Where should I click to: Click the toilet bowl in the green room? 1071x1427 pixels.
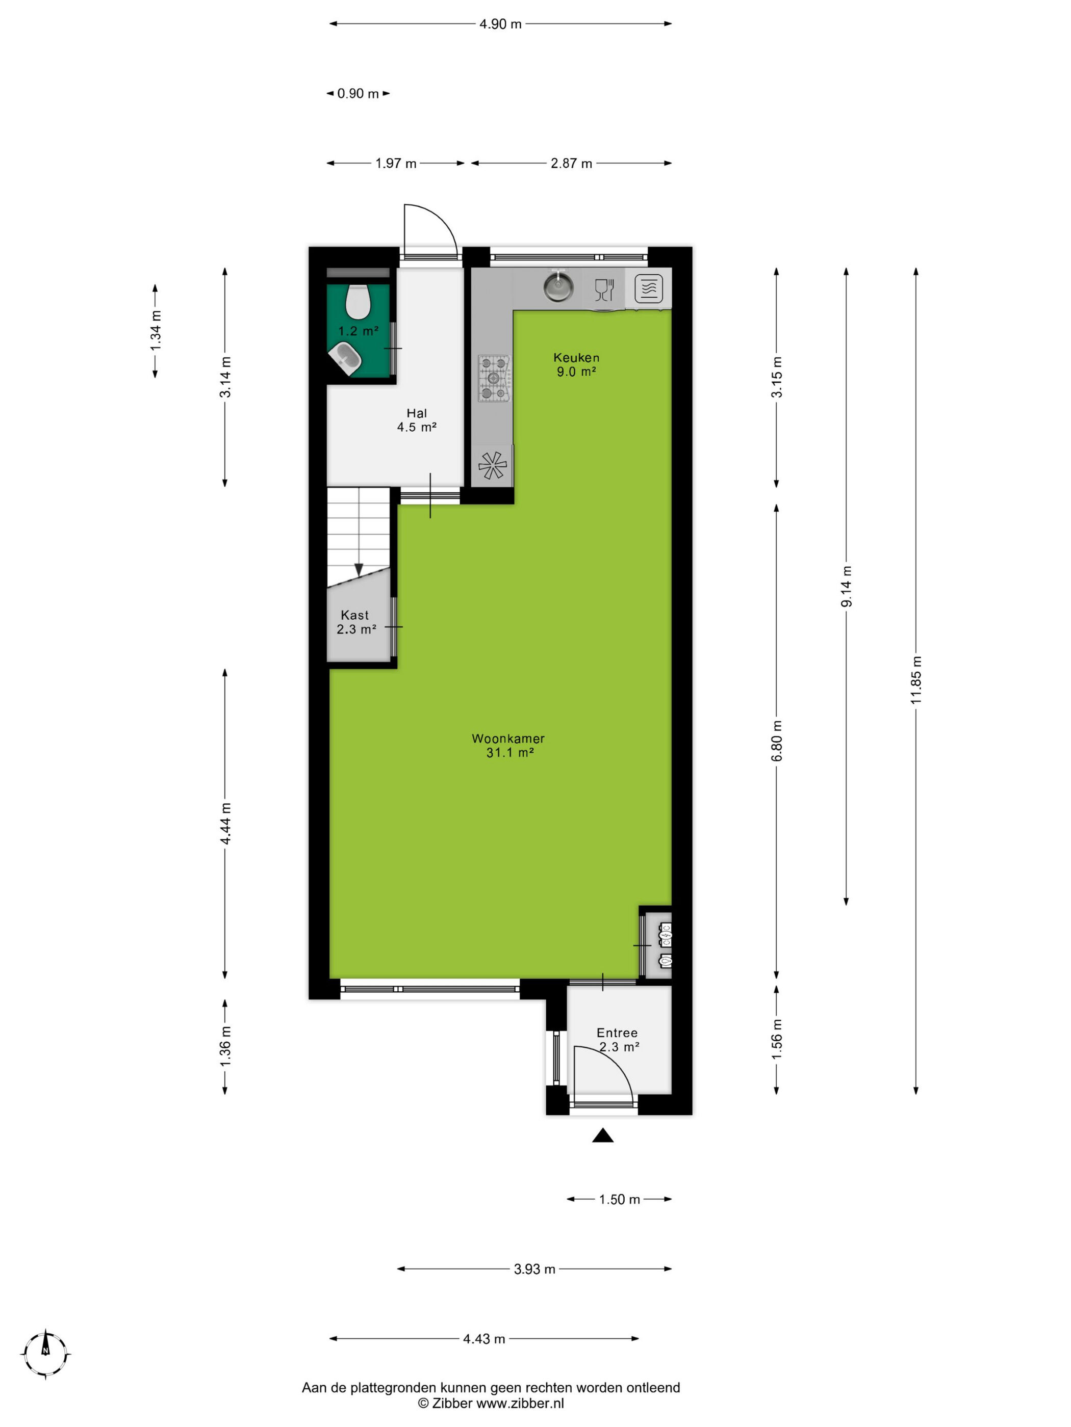[x=357, y=301]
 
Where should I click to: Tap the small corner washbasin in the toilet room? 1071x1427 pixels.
[x=346, y=358]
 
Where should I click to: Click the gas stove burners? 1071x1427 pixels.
[x=494, y=378]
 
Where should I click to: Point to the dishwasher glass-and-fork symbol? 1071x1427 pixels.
[x=604, y=289]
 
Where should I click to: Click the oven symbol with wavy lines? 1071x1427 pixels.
[x=648, y=289]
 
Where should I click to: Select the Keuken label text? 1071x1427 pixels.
[x=576, y=357]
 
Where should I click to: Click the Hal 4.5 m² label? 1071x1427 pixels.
[x=416, y=420]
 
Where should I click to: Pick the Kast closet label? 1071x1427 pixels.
[x=355, y=615]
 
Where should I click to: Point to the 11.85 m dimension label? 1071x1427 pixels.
[x=916, y=680]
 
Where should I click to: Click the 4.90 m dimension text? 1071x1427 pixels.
[x=500, y=24]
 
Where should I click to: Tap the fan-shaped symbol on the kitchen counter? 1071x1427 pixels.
[x=492, y=464]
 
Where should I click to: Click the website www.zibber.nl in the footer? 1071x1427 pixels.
[x=520, y=1403]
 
